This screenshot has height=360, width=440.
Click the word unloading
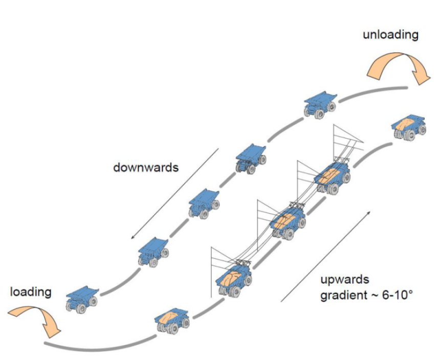(x=390, y=35)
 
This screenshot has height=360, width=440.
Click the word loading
(x=31, y=292)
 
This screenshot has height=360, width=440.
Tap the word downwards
(x=146, y=167)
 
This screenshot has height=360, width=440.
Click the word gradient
(x=343, y=296)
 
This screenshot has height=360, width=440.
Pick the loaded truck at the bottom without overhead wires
(x=172, y=320)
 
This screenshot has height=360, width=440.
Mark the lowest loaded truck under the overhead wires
(x=234, y=279)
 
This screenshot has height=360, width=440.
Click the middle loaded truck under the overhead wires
(x=288, y=223)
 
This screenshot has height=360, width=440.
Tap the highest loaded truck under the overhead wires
(x=333, y=178)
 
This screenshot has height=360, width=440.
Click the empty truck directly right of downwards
(x=251, y=158)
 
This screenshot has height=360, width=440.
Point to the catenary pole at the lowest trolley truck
(x=211, y=271)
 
